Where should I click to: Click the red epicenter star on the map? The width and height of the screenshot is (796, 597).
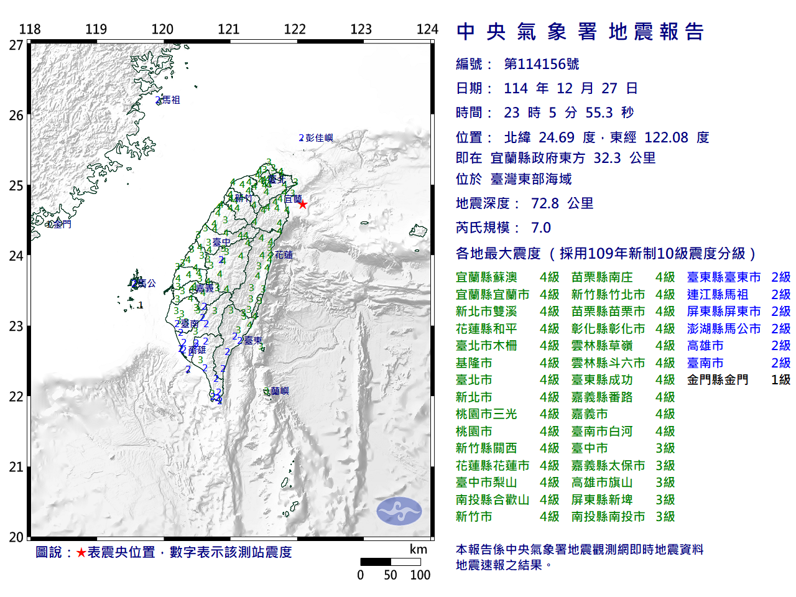coord(303,204)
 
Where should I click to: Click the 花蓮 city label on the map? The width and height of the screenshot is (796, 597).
coord(284,254)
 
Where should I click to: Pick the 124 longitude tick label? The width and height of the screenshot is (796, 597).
coord(427,29)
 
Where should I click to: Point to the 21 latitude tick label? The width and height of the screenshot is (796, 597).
coord(16,467)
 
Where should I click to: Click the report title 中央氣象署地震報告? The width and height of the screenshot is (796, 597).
coord(580,32)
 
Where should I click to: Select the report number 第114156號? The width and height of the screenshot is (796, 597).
coord(541,64)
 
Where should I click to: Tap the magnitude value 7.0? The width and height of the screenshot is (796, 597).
coord(540,228)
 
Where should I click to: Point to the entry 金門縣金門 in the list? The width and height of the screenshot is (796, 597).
coord(717,379)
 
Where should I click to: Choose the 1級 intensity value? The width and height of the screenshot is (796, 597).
coord(780,379)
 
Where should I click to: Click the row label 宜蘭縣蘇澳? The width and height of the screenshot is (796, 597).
coord(486,277)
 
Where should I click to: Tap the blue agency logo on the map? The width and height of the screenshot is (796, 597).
coord(399,511)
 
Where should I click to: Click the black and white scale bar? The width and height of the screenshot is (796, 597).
coord(391,562)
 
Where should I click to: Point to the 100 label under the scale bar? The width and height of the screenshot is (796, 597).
coord(420,575)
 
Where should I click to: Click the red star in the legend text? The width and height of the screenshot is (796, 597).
coord(81,552)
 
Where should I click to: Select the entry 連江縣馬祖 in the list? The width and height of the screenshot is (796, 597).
coord(717,294)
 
